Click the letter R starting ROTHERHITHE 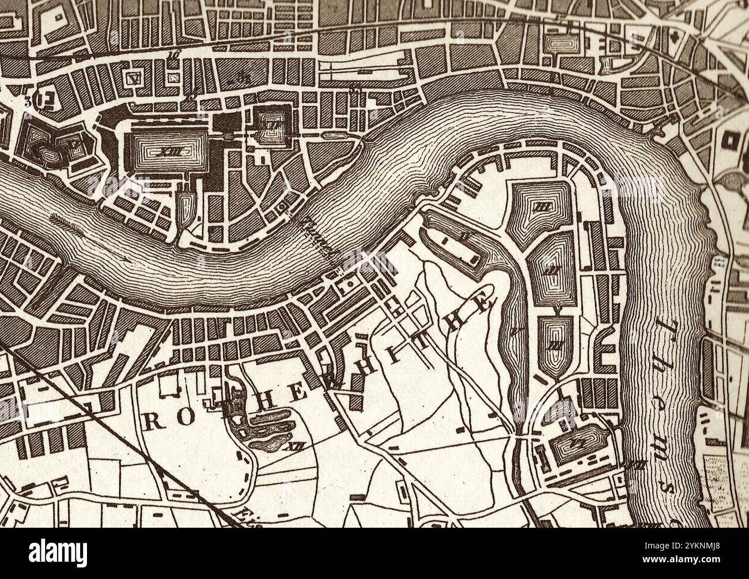coord(151,422)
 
